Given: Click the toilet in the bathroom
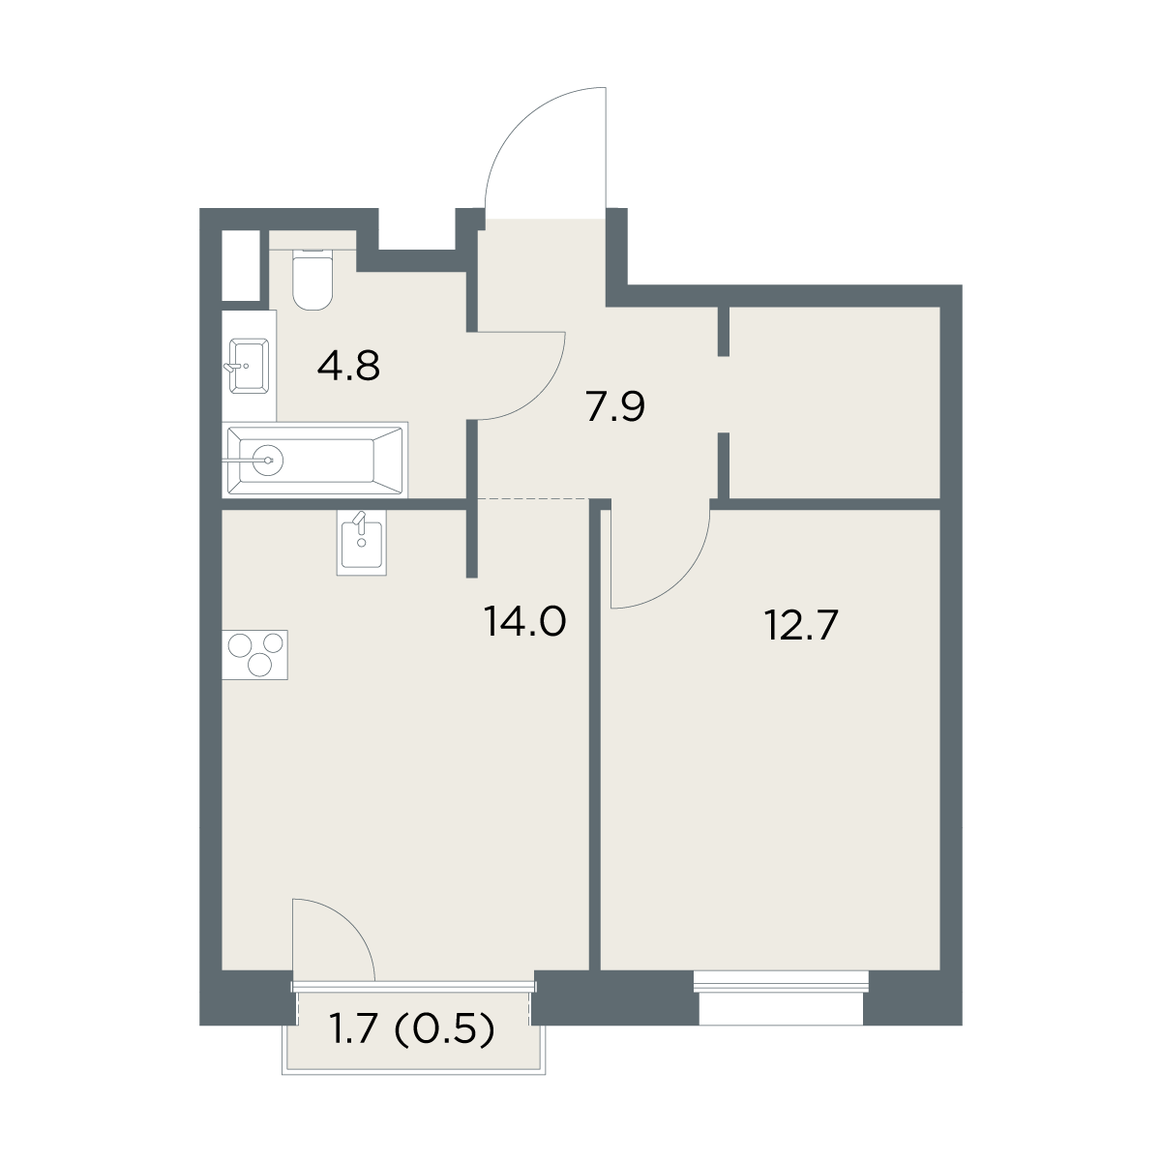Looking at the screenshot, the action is [313, 280].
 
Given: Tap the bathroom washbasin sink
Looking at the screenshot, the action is [249, 366].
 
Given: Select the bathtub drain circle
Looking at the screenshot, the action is [267, 461].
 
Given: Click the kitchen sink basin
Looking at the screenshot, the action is [362, 542].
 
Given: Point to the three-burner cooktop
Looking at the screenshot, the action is [254, 655].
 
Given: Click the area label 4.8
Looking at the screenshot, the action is [348, 366].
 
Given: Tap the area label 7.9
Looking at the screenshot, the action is [615, 407].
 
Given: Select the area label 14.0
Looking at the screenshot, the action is [524, 622].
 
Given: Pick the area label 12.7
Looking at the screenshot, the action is [801, 625].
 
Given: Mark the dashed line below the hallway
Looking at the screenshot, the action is [534, 499].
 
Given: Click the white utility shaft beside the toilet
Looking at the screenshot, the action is [241, 265].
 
